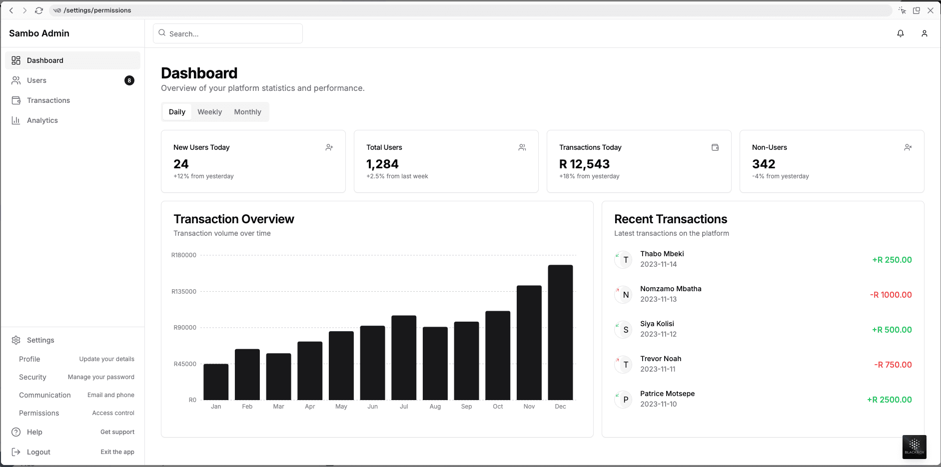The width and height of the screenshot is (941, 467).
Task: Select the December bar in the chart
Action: coord(560,332)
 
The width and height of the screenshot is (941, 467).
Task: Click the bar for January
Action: coord(216,382)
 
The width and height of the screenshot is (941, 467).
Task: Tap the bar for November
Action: coord(529,343)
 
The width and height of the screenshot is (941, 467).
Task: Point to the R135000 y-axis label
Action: coord(184,291)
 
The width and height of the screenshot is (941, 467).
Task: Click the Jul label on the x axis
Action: coord(404,407)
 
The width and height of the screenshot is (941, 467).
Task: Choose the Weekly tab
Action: coord(209,112)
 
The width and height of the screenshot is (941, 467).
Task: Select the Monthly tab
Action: coord(247,112)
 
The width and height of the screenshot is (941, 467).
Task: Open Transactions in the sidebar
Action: coord(48,100)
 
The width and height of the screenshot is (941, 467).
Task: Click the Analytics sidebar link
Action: coord(42,120)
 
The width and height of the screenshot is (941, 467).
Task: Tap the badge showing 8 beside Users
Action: coord(129,80)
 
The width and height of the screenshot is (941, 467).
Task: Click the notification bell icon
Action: coord(900,33)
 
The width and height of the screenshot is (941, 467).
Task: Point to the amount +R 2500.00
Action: coord(889,400)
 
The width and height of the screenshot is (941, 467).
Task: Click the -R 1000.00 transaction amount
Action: coord(891,295)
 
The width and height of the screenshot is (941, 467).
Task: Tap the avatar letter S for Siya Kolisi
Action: coord(626,330)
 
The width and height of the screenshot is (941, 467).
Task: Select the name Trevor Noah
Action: coord(661,359)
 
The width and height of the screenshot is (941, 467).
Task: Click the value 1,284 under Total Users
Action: coord(382,164)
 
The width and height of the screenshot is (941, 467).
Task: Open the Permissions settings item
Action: coord(39,413)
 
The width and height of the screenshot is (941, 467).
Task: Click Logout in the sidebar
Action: coord(38,452)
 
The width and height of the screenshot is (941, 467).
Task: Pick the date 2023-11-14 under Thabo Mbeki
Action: coord(658,264)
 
